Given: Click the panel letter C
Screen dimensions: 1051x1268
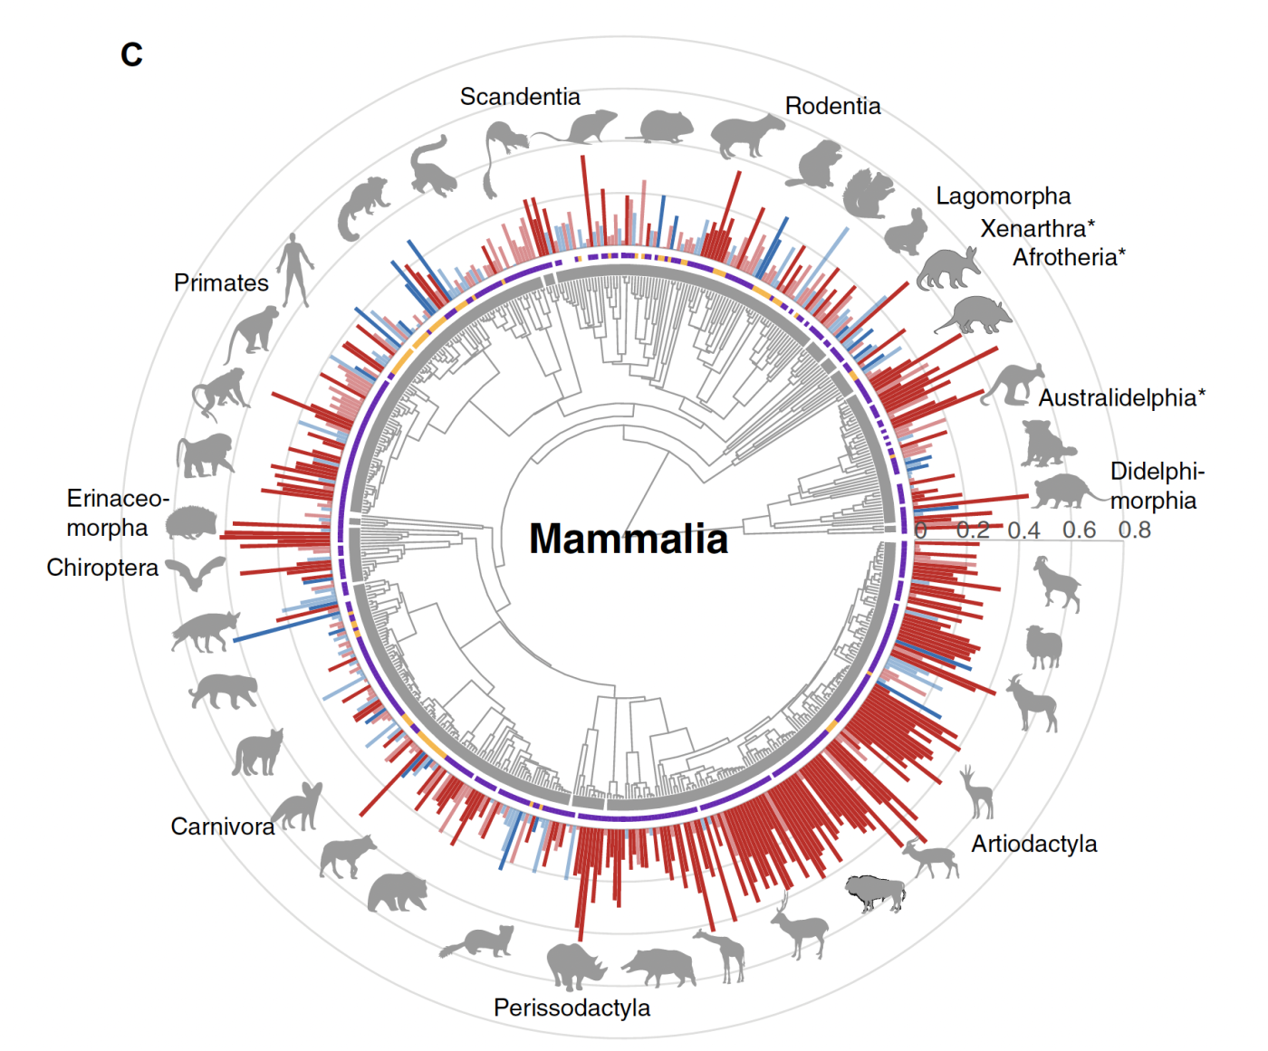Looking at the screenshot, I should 131,55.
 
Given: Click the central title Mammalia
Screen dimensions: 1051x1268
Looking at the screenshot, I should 628,539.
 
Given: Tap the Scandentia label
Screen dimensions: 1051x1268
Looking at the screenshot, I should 520,97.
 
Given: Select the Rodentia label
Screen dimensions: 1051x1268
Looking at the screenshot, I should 832,106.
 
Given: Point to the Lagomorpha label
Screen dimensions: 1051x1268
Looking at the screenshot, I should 1003,196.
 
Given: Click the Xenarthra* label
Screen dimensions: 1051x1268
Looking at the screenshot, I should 1037,228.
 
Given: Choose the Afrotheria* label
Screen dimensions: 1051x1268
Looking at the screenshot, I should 1069,258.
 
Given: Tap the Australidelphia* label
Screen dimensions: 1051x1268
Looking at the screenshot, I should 1121,397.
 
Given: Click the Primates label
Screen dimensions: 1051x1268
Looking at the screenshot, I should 221,283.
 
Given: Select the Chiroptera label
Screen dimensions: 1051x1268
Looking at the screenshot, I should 102,568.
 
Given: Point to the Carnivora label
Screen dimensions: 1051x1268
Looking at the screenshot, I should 223,826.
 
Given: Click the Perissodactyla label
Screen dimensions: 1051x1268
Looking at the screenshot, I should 572,1008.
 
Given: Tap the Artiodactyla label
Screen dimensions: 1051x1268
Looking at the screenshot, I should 1033,844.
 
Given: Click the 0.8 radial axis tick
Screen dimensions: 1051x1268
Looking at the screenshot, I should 1134,530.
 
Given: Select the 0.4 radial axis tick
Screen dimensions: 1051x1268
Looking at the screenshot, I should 1023,530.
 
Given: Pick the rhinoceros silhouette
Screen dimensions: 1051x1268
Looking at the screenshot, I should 574,965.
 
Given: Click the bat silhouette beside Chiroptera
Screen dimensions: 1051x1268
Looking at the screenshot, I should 197,573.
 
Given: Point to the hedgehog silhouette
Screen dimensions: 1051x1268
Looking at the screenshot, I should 191,522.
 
